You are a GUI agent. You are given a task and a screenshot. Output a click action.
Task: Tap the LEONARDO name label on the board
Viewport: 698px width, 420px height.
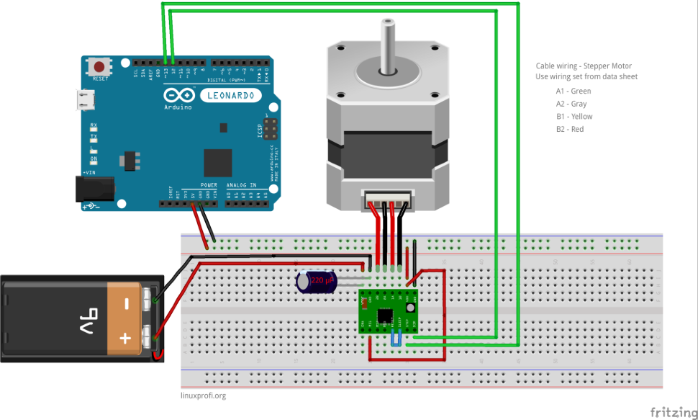click(230, 95)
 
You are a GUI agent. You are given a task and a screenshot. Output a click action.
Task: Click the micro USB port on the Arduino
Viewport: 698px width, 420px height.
click(86, 100)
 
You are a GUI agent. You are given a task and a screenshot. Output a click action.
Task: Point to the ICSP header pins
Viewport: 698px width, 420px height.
click(271, 129)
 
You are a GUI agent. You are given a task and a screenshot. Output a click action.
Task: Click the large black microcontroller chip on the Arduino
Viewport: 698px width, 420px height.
click(218, 162)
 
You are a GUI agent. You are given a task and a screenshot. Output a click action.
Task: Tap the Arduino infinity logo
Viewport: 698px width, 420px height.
click(178, 95)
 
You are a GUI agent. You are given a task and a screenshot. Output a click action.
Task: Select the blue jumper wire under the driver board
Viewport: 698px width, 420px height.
click(396, 339)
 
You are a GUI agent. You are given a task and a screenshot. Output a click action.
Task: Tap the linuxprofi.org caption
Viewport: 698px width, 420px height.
click(204, 396)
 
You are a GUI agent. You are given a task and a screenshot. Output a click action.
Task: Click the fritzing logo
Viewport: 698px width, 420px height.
click(671, 412)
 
